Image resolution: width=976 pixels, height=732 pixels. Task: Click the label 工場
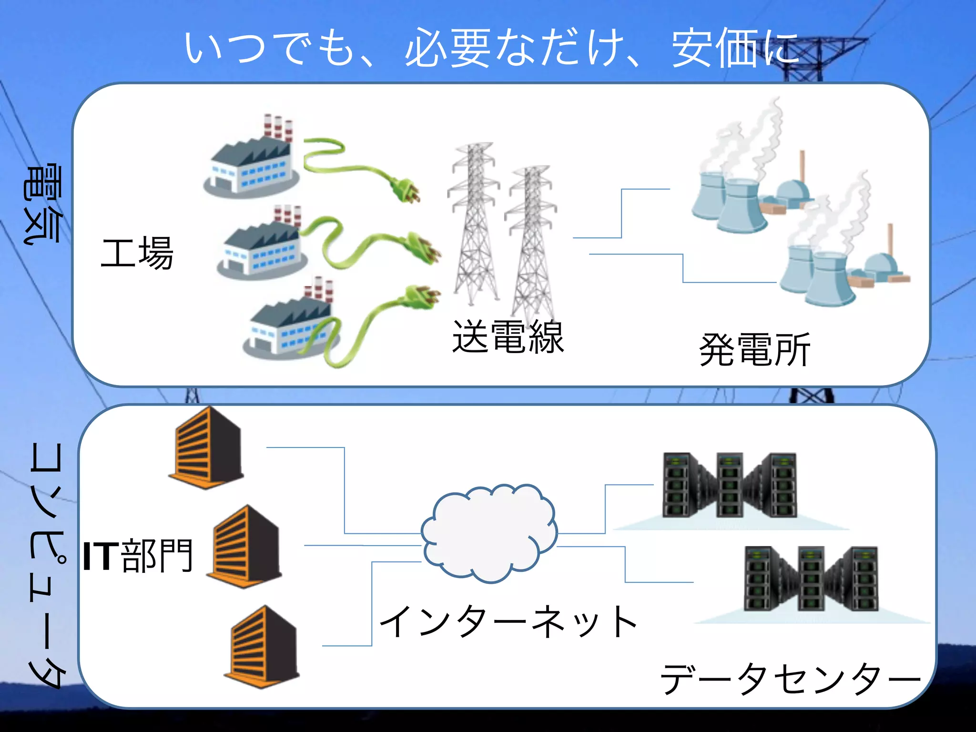[x=137, y=253]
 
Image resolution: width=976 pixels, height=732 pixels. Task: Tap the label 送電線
[x=508, y=337]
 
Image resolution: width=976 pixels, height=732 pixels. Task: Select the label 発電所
[x=754, y=350]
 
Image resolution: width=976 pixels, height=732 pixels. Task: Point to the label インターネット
[x=508, y=621]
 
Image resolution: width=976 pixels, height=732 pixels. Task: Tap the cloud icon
[x=489, y=533]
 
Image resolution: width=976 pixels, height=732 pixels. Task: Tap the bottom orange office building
[x=262, y=646]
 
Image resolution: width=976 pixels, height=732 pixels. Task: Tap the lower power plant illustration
[x=839, y=257]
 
